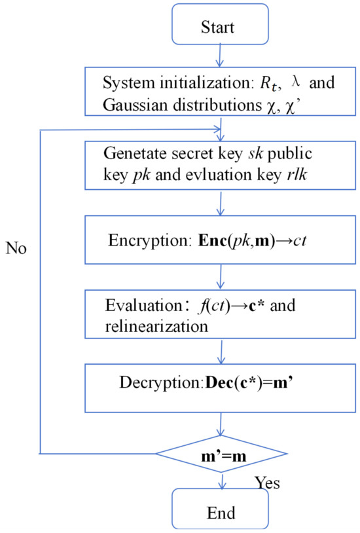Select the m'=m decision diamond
[x=221, y=453]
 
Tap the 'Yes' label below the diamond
[x=266, y=483]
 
